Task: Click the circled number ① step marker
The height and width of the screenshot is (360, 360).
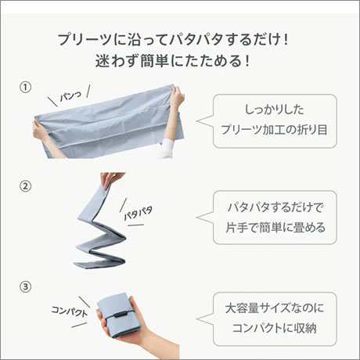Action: click(25, 88)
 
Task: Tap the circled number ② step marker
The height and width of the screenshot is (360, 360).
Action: click(25, 186)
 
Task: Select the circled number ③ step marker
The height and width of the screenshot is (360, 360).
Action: click(25, 286)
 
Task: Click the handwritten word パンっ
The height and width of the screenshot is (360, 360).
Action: click(70, 96)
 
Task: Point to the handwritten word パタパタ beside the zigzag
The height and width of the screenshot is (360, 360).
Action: click(138, 213)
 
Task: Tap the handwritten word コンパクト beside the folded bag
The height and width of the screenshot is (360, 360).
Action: click(69, 311)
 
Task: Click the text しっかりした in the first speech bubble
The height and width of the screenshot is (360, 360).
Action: click(275, 110)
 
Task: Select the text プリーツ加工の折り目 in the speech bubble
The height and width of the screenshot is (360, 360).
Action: click(275, 130)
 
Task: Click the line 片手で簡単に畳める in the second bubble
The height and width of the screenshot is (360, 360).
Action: click(275, 227)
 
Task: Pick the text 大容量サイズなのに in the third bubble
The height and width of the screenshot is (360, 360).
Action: click(275, 308)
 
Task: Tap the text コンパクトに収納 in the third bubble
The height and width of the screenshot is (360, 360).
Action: click(275, 328)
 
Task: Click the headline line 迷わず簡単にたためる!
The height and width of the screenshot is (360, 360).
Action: click(172, 61)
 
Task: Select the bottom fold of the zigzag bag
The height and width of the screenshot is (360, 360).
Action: click(99, 263)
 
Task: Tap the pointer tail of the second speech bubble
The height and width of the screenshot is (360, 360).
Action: click(204, 217)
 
